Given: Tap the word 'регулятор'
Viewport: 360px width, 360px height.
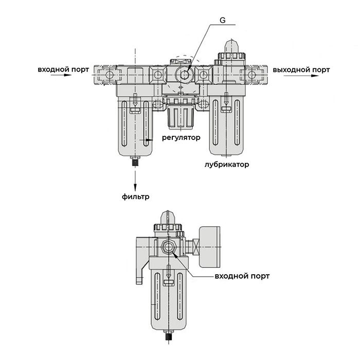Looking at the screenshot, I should [x=181, y=137].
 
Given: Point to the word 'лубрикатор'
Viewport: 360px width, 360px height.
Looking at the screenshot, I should [x=226, y=165].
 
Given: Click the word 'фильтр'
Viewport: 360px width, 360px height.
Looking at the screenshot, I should [x=135, y=196].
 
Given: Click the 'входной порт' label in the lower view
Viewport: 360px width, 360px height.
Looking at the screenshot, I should [x=242, y=276].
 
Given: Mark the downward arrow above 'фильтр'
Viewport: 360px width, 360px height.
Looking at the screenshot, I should [x=135, y=180].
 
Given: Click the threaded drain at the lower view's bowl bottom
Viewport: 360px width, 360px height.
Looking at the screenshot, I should [x=170, y=338].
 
